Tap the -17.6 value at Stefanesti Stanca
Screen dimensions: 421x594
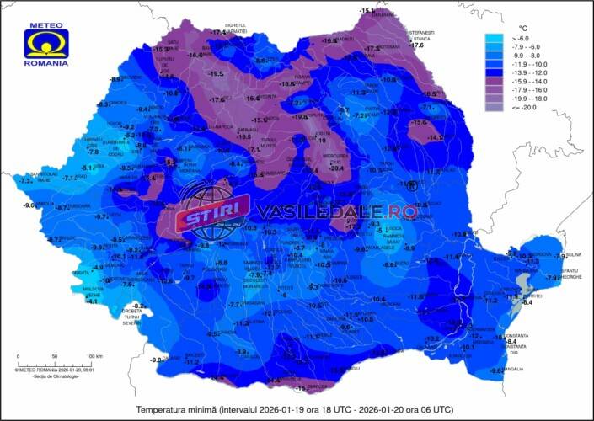click(416, 45)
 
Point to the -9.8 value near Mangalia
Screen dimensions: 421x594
click(496, 371)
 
